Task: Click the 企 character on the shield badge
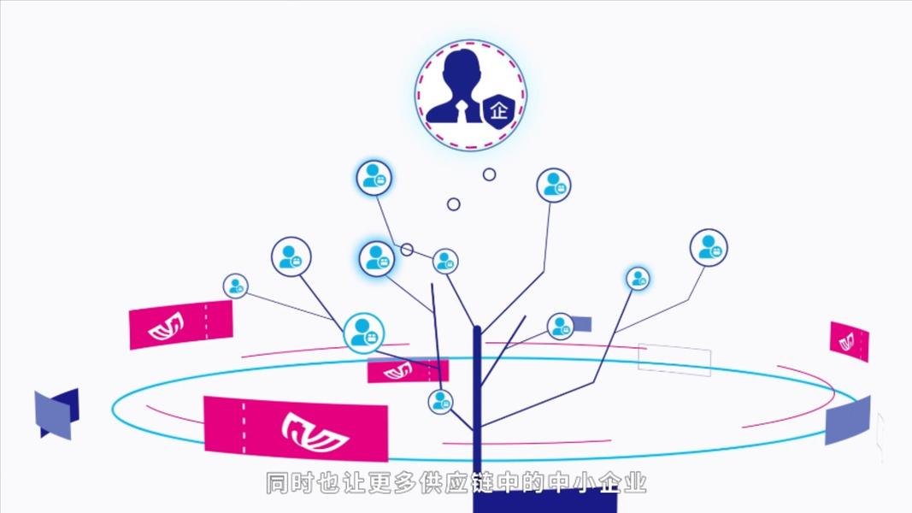499,112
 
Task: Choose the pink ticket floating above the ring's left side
180,325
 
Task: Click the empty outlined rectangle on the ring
674,359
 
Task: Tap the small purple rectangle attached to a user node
581,324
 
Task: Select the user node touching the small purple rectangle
560,326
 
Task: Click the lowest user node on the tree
440,401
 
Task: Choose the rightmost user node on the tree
708,247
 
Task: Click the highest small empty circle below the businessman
489,174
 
